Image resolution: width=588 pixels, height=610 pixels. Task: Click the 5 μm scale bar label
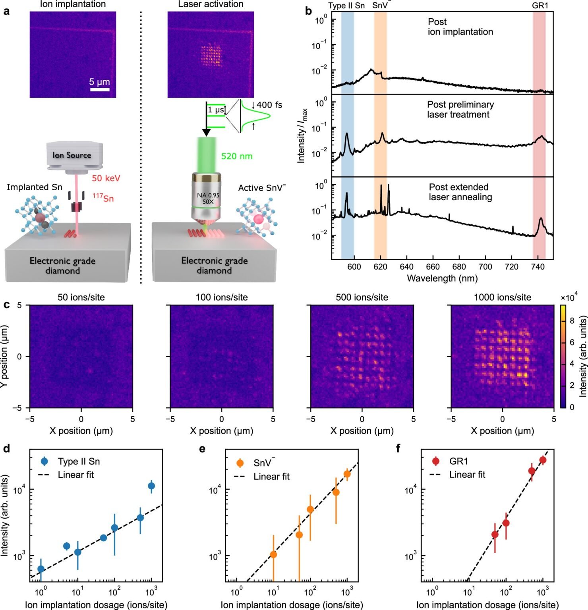click(x=99, y=82)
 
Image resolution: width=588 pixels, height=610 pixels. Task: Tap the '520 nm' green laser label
click(x=237, y=156)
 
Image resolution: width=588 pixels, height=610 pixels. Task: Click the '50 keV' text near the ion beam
click(x=106, y=178)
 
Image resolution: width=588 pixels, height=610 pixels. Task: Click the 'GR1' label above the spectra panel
click(x=540, y=6)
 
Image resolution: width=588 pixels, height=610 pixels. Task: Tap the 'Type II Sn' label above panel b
click(x=346, y=6)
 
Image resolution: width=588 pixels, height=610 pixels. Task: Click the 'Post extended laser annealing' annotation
click(x=460, y=192)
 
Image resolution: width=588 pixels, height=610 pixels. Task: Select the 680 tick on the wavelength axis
click(x=459, y=267)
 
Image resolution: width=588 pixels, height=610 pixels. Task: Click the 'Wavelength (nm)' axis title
click(x=442, y=278)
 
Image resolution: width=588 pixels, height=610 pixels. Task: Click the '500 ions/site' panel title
click(x=362, y=297)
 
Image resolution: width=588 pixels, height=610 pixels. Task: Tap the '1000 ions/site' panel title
click(x=502, y=297)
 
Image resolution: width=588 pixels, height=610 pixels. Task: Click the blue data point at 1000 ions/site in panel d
click(x=151, y=486)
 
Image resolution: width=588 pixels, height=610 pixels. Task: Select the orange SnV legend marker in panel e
click(x=240, y=463)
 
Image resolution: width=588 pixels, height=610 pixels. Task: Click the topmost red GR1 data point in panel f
click(x=543, y=460)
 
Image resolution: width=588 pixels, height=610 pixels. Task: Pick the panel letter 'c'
click(x=6, y=305)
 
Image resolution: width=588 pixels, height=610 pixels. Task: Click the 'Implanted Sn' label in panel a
click(x=35, y=187)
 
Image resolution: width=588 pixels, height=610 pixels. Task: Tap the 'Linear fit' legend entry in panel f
click(x=467, y=475)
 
